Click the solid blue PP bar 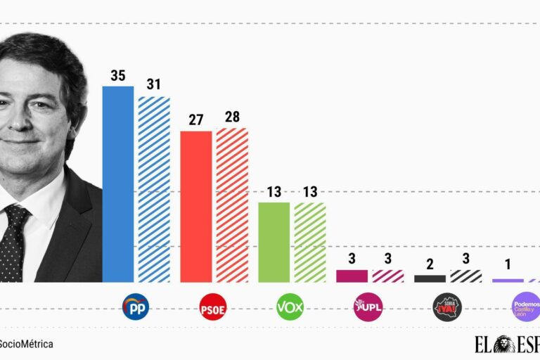[x=118, y=184]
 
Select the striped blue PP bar [x=154, y=189]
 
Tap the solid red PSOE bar [x=196, y=207]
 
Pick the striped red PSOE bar [x=232, y=205]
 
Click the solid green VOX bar [x=274, y=243]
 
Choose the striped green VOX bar [x=310, y=243]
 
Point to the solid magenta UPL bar [x=352, y=276]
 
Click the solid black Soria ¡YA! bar [x=430, y=278]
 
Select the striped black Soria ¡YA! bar [x=465, y=276]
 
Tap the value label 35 [x=118, y=76]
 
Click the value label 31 [x=154, y=85]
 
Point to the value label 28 [x=232, y=117]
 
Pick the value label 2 [x=430, y=264]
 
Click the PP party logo [x=136, y=307]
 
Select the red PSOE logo [x=213, y=307]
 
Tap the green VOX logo [x=290, y=307]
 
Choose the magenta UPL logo [x=368, y=307]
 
